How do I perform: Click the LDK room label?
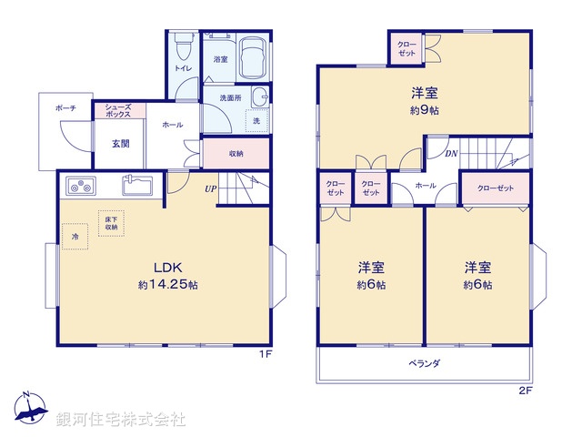(168, 268)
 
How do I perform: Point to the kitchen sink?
(139, 185)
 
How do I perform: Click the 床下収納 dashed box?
(110, 223)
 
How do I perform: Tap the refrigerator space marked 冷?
(75, 237)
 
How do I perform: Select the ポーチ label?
(65, 108)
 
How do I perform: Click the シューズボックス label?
(118, 111)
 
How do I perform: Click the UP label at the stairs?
(210, 189)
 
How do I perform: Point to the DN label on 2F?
(451, 154)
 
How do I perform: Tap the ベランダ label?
(425, 363)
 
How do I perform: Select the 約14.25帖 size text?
(168, 285)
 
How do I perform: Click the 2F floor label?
(525, 391)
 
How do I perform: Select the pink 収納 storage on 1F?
(236, 154)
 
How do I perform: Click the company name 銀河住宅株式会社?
(121, 420)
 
